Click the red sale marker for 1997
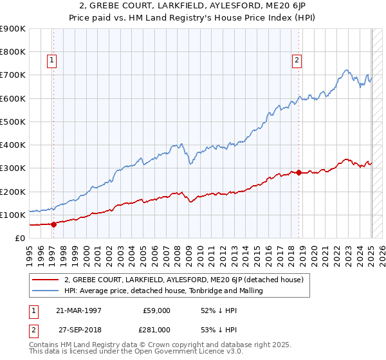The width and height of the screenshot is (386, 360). pyautogui.click(x=53, y=224)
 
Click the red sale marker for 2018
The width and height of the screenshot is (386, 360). pyautogui.click(x=299, y=172)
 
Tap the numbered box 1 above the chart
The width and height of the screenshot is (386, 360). pyautogui.click(x=51, y=61)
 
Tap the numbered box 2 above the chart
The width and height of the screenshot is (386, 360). pyautogui.click(x=297, y=61)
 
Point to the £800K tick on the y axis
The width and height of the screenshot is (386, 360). pyautogui.click(x=13, y=52)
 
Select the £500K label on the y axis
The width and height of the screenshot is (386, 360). pyautogui.click(x=13, y=122)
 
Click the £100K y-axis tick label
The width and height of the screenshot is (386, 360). pyautogui.click(x=13, y=215)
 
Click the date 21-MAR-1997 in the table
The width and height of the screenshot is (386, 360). pyautogui.click(x=78, y=310)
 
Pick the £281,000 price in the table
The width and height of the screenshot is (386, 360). pyautogui.click(x=157, y=329)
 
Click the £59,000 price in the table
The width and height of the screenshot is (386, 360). pyautogui.click(x=157, y=310)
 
